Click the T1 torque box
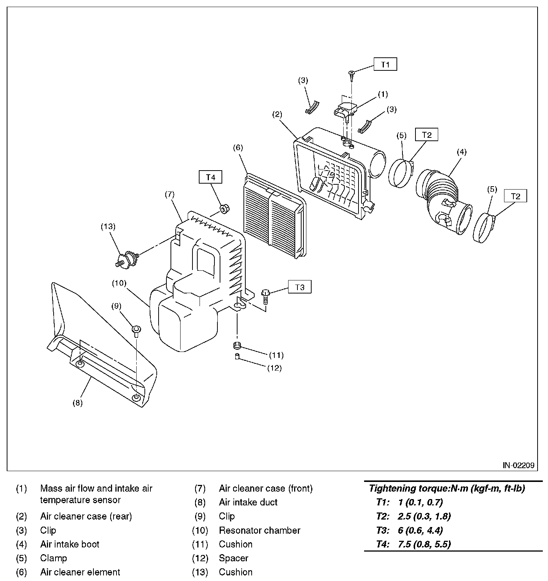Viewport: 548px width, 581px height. tap(385, 64)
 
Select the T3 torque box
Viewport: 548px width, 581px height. tap(300, 287)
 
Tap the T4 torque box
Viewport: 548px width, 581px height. tap(211, 177)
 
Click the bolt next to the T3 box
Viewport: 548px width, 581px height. tap(265, 297)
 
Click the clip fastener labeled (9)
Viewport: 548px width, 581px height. tap(137, 330)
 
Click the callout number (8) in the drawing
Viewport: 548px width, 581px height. tap(77, 403)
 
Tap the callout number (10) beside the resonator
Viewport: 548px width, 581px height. tap(120, 283)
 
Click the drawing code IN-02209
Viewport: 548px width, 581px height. tap(518, 465)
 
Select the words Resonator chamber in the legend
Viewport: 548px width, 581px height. tap(259, 530)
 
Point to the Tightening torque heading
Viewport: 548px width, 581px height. tap(447, 488)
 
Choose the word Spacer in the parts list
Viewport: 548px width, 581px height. tap(233, 558)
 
